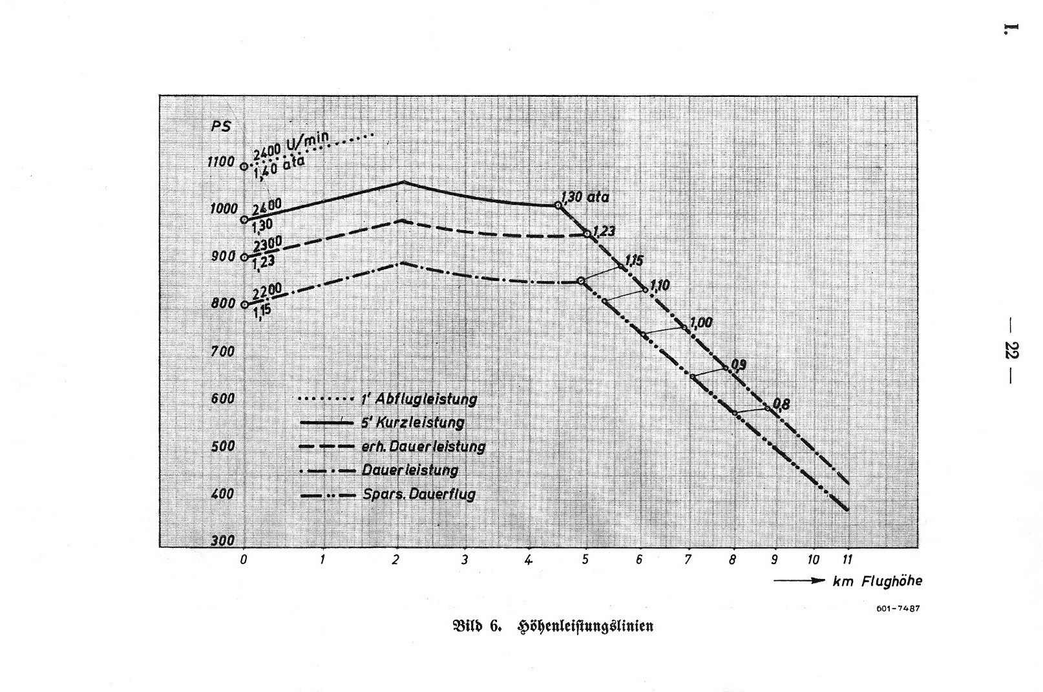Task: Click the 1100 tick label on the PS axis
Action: (220, 162)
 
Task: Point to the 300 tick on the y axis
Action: (222, 541)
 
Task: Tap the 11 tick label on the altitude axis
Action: (848, 560)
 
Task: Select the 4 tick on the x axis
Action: (528, 560)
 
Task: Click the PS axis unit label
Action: (221, 126)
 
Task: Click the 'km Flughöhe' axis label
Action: (877, 582)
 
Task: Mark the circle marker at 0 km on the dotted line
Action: (244, 167)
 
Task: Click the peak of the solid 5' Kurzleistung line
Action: (403, 182)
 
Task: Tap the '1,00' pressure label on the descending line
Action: (701, 322)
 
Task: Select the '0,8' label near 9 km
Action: (781, 404)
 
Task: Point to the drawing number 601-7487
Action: (898, 609)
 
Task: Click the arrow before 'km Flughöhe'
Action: (799, 581)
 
